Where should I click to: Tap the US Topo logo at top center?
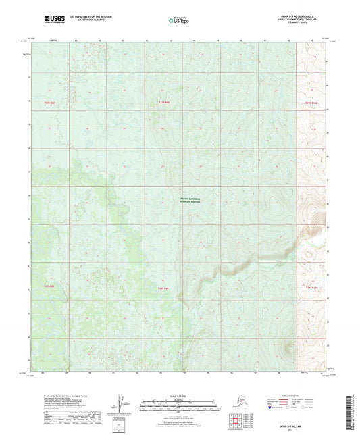tap(178, 22)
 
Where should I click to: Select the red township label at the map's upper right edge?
tap(311, 103)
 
